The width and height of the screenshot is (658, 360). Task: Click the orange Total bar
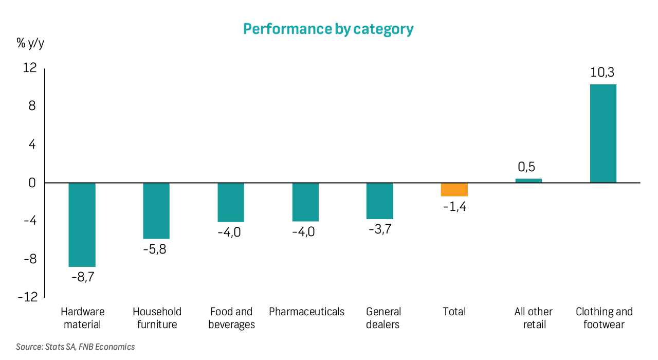[454, 190]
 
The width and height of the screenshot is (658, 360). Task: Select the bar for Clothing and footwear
[603, 134]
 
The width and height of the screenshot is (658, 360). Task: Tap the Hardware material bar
[82, 225]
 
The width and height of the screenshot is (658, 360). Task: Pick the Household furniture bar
[156, 211]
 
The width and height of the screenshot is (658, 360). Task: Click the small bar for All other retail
[528, 181]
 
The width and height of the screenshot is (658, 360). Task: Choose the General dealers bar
[380, 201]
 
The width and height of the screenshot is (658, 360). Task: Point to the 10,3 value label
[602, 73]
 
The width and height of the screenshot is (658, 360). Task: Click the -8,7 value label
[83, 277]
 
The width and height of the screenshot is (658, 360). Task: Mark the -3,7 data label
[380, 229]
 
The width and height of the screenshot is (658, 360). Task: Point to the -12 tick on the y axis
[28, 297]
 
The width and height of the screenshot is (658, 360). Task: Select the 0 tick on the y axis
[33, 183]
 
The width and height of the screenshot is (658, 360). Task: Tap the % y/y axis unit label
[30, 44]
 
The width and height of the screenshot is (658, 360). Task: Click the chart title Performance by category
[328, 29]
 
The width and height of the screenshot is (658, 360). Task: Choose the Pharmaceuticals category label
[306, 312]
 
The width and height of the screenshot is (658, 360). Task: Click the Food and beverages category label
[231, 318]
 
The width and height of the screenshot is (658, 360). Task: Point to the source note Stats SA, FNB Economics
[76, 347]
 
